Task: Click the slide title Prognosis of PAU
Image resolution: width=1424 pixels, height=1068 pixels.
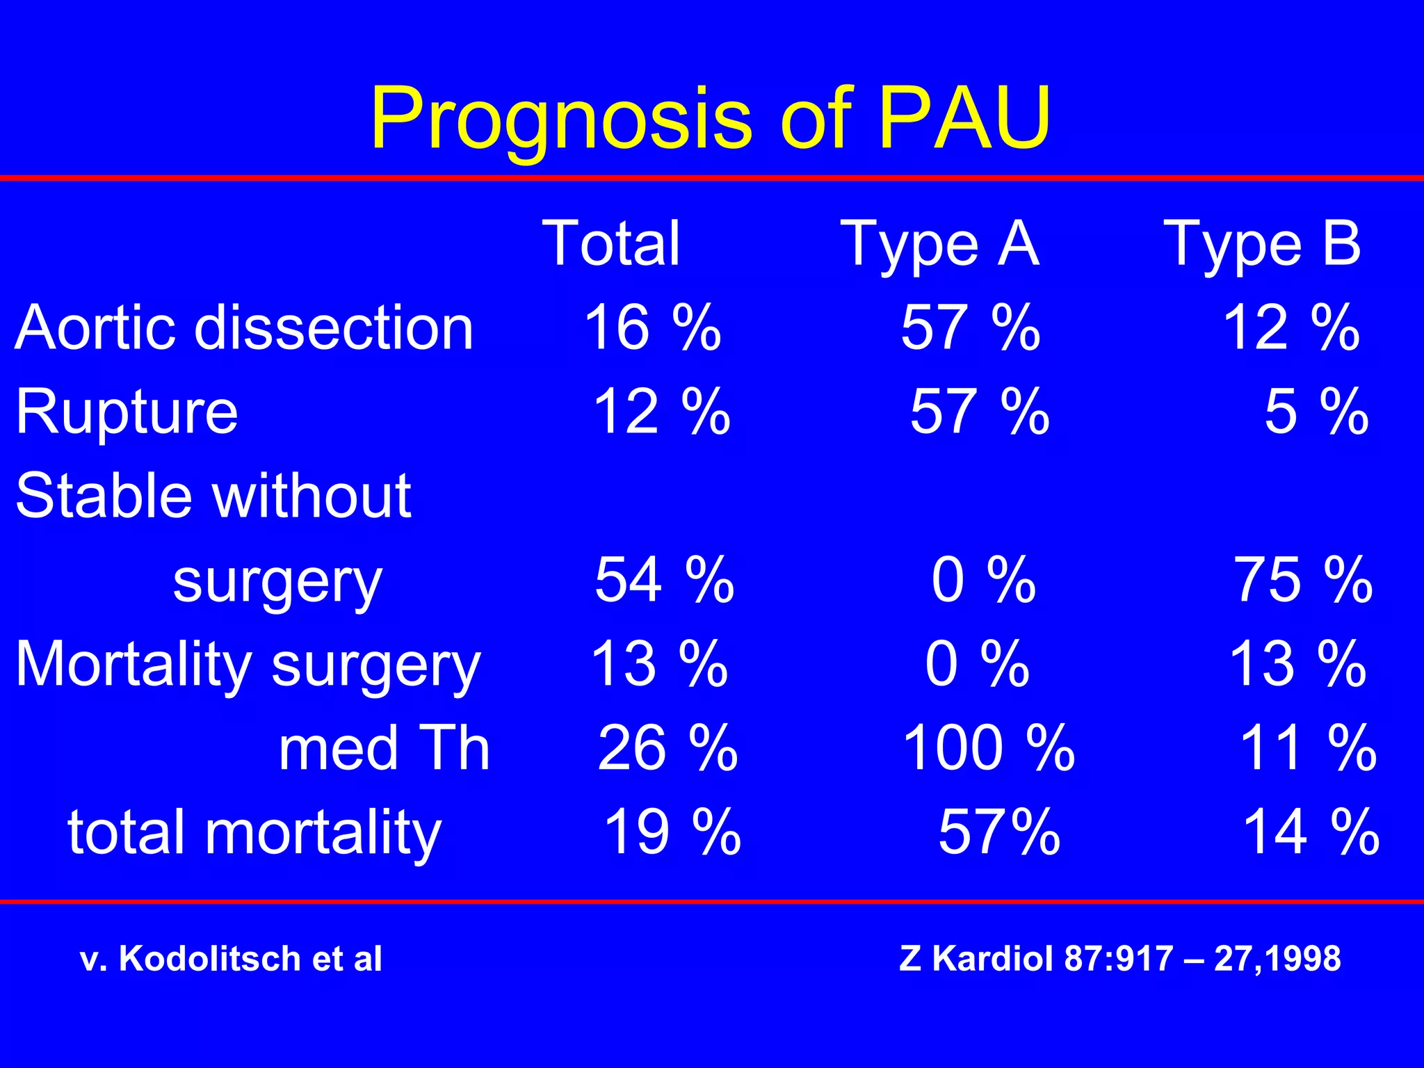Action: (711, 118)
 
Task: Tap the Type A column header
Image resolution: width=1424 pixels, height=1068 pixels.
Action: (939, 244)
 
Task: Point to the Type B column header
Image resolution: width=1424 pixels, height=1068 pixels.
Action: (1262, 244)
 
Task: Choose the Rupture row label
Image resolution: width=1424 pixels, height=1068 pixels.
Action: (127, 412)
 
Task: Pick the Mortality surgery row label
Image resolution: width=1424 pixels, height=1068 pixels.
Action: (248, 665)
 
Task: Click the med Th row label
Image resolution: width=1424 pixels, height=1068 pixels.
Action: (385, 748)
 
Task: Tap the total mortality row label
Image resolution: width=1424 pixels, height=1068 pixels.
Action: (254, 832)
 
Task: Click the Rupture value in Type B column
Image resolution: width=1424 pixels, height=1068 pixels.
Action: (1316, 412)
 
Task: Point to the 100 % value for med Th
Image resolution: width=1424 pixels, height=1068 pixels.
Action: (988, 748)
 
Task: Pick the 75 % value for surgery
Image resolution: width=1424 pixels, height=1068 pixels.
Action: (1303, 580)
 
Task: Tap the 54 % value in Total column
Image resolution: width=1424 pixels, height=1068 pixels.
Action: (664, 580)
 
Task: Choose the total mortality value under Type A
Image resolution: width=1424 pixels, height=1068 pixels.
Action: (999, 832)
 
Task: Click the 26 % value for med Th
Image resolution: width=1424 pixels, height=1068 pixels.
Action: (667, 748)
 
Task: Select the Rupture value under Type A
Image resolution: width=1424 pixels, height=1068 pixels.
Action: (980, 412)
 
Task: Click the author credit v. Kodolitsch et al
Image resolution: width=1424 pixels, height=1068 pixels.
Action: (231, 958)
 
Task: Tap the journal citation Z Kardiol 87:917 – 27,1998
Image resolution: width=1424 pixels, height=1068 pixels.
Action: (1119, 958)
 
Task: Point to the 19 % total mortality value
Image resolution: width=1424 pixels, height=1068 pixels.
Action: (672, 832)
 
